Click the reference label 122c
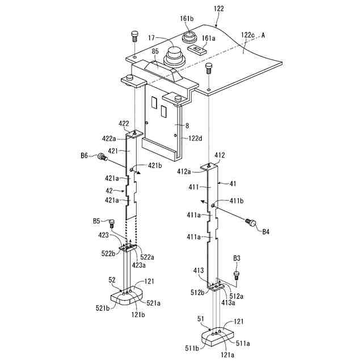coord(248,35)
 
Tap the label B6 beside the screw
coord(84,155)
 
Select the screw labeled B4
coord(250,222)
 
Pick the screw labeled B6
coord(102,157)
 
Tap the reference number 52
coord(112,280)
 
